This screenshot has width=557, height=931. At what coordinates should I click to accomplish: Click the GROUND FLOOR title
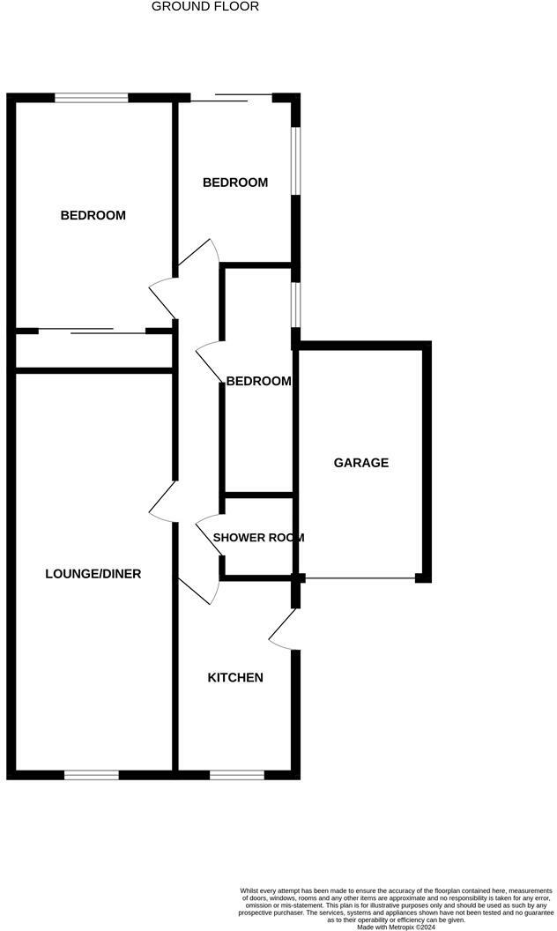(x=205, y=7)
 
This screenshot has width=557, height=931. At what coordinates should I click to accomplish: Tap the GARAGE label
(x=360, y=463)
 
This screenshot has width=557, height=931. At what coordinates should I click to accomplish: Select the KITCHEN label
(x=235, y=678)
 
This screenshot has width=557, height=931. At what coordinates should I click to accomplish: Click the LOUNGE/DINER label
(x=93, y=574)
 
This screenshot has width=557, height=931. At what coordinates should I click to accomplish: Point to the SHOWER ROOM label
(x=258, y=537)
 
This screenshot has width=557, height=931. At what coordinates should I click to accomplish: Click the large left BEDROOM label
(x=93, y=215)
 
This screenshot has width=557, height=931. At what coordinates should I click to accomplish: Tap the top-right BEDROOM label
(x=235, y=182)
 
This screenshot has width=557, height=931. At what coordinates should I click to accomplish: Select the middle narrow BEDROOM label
(x=258, y=381)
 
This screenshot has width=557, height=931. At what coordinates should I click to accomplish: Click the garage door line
(x=360, y=578)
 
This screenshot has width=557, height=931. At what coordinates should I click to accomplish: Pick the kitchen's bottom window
(x=236, y=775)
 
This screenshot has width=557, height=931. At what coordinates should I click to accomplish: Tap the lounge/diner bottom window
(x=91, y=775)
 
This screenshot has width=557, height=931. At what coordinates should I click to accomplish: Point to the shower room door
(x=210, y=534)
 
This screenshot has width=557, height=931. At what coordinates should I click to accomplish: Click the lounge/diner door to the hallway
(x=164, y=503)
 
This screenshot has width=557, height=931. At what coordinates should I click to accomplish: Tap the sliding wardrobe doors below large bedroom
(x=93, y=331)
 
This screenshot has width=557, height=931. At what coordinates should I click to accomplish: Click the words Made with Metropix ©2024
(x=397, y=926)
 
